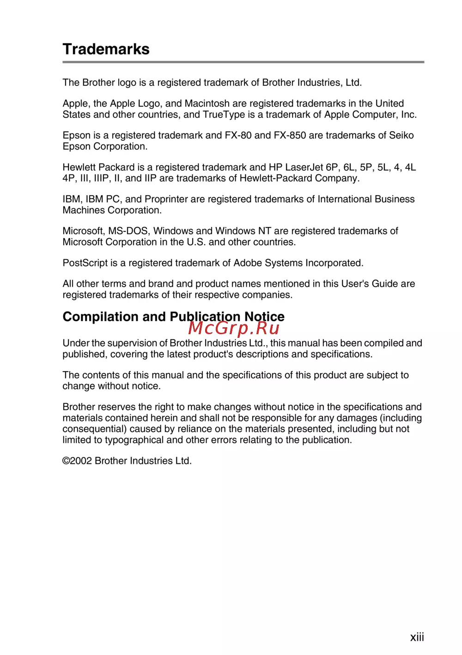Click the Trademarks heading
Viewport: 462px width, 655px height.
[x=106, y=49]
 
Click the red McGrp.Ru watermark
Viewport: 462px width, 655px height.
[x=234, y=328]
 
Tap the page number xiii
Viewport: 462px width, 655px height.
[x=417, y=637]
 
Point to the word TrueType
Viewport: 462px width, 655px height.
[x=224, y=114]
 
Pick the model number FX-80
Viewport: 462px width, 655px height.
[x=238, y=135]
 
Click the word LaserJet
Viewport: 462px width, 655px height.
[x=304, y=167]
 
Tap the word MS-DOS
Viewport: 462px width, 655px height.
[x=129, y=231]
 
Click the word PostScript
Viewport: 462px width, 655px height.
[x=85, y=263]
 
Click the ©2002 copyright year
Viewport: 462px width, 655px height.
[x=77, y=461]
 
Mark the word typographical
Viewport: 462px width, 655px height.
[x=134, y=440]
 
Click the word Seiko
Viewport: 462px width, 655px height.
[x=401, y=135]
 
